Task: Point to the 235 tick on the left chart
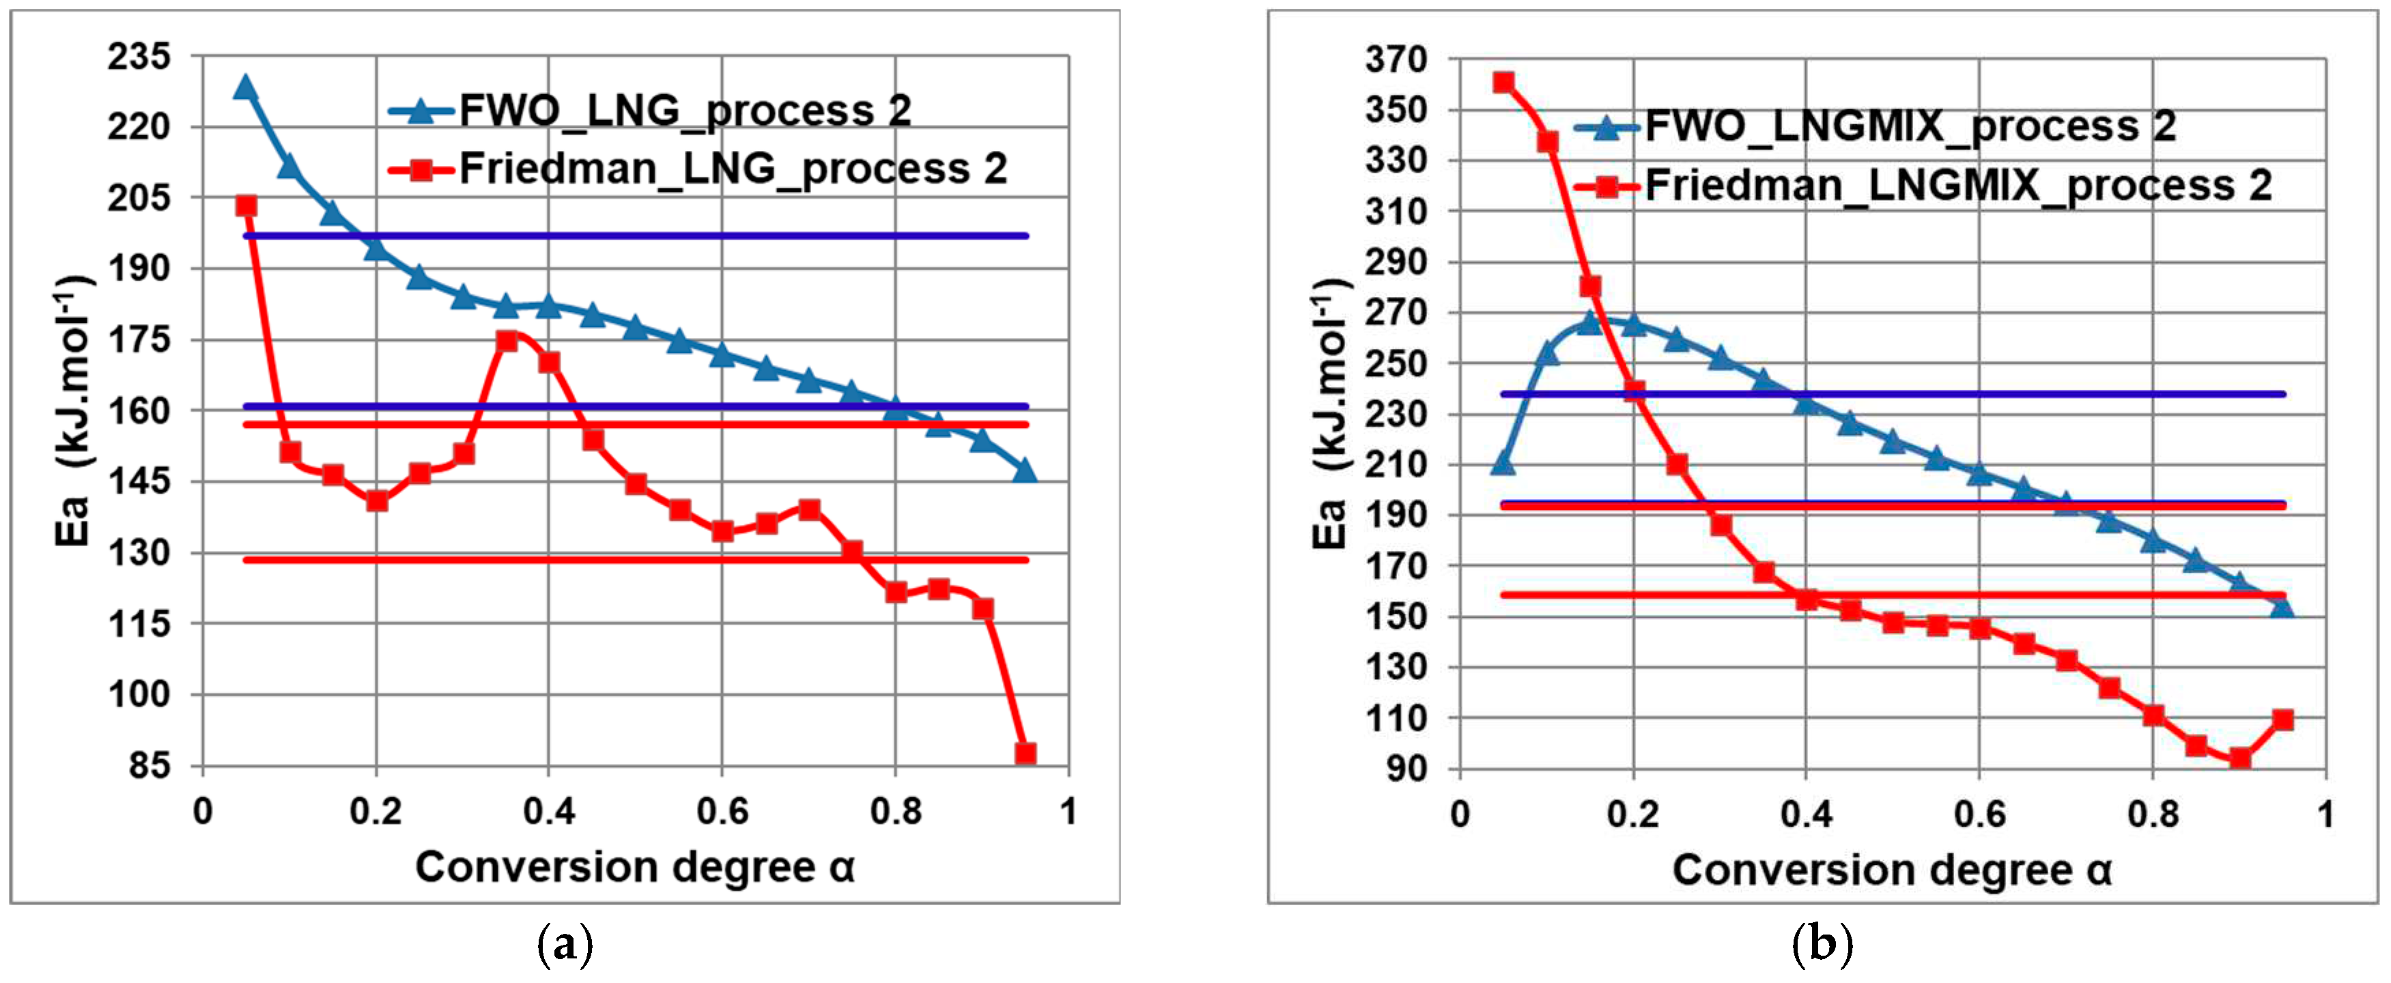click(139, 57)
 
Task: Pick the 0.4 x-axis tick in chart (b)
click(1807, 815)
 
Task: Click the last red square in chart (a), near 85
click(1025, 753)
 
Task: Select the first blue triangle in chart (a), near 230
click(245, 88)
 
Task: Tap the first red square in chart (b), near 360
click(1503, 83)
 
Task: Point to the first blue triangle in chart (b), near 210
click(1503, 462)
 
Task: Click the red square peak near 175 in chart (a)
click(507, 341)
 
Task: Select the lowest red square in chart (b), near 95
click(2239, 758)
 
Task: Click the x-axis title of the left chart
click(634, 868)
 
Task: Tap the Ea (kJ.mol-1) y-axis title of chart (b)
click(1329, 414)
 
